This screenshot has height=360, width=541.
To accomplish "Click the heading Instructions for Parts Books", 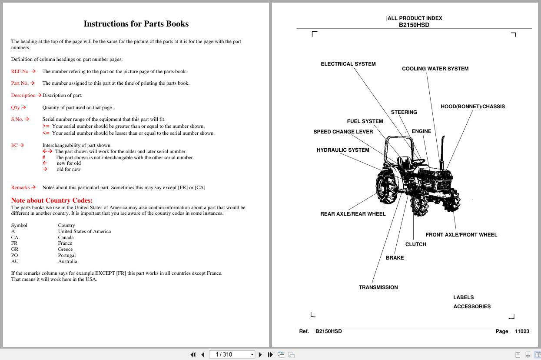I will pos(136,24).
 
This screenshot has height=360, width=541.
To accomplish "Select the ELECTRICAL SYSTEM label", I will pos(348,64).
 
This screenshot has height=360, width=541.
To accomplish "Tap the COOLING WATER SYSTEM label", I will pos(435,69).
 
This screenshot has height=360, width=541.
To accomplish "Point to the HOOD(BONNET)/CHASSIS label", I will pos(472,107).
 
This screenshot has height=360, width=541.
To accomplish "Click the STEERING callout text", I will pos(404,112).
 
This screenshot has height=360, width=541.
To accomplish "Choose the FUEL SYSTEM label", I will pos(365,121).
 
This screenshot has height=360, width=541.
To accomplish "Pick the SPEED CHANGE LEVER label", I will pos(343,132).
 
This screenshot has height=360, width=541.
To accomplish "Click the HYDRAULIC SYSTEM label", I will pos(342,150).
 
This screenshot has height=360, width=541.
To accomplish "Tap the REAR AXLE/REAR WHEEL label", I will pos(353,214).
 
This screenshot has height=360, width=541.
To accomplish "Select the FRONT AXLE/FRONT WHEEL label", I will pos(461,235).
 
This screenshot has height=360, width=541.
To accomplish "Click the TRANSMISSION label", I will pos(378,287).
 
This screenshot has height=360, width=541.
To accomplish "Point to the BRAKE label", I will pos(395,258).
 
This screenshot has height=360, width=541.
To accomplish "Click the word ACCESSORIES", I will pos(472,307).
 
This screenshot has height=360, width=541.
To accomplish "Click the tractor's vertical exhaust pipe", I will pos(443,150).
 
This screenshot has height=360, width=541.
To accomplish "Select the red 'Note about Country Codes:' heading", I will pos(52,200).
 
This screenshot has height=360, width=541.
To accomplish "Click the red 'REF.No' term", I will pos(20,71).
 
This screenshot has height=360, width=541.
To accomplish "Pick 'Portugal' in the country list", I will pos(67,255).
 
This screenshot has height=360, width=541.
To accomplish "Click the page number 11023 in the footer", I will pos(521,331).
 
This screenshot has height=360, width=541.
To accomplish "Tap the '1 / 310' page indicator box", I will pos(230,354).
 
